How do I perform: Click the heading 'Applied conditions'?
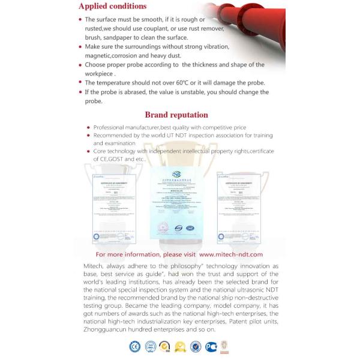112,7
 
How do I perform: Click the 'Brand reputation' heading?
176,115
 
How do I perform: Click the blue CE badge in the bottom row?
135,346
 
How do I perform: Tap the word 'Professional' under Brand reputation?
113,128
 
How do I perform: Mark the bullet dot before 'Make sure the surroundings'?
80,47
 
